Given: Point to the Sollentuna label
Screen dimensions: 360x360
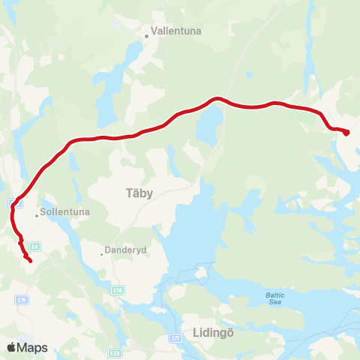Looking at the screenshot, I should click(65, 212).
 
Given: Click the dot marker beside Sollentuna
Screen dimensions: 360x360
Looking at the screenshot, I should click(36, 215).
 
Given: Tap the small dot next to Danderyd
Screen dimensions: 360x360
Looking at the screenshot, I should click(102, 253).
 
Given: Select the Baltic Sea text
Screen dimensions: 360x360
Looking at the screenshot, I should click(275, 298).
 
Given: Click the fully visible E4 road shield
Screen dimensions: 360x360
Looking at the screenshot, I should click(34, 245).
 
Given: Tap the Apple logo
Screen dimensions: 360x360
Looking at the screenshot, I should click(12, 347).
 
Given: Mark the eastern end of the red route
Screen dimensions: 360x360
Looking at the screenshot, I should click(346, 133).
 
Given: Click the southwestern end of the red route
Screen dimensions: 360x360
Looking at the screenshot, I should click(28, 260).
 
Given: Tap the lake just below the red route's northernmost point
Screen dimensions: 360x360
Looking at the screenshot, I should click(208, 124).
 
